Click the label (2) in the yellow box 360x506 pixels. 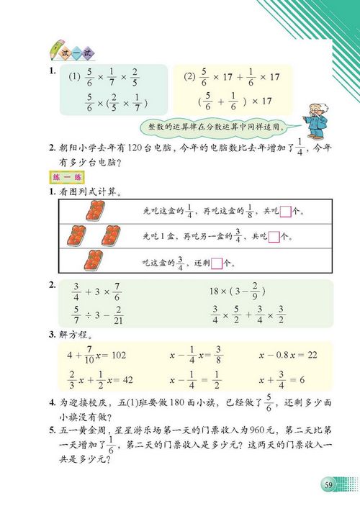[x=189, y=76]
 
